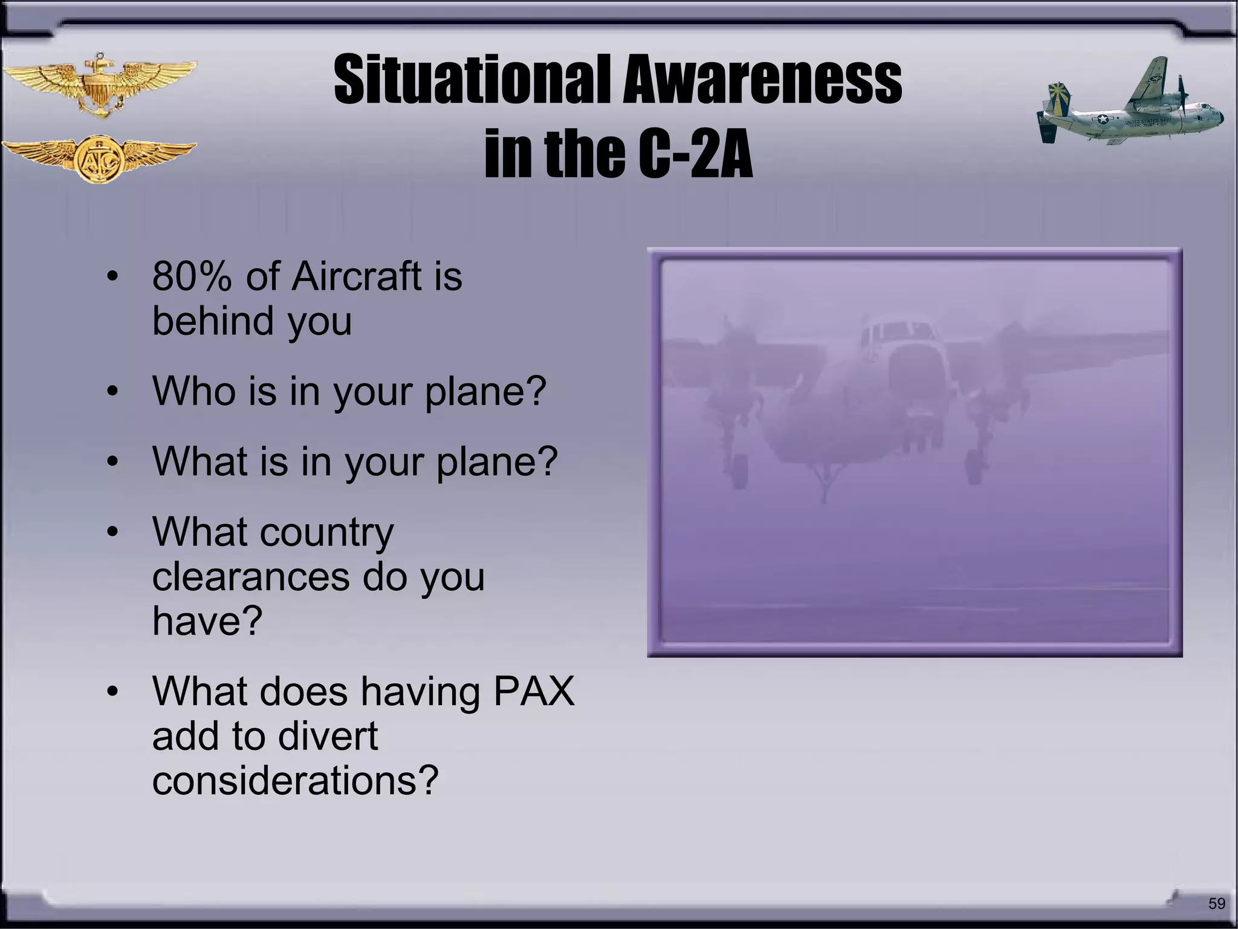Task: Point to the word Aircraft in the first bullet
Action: (x=357, y=276)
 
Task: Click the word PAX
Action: (x=534, y=691)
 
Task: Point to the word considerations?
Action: (x=295, y=780)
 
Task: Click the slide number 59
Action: (x=1216, y=904)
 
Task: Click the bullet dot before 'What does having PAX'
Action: (x=112, y=691)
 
